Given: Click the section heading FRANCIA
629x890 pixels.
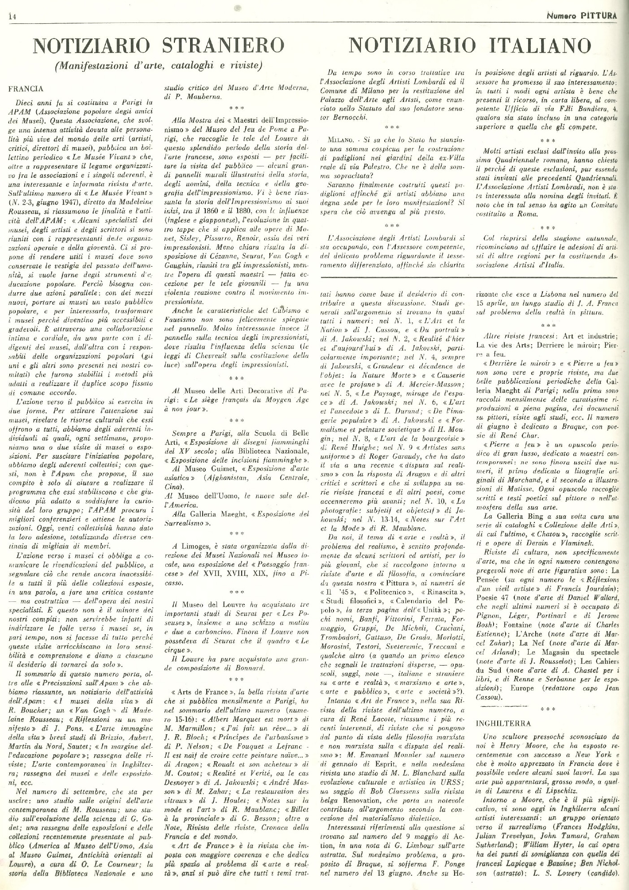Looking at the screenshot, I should click(x=25, y=88).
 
